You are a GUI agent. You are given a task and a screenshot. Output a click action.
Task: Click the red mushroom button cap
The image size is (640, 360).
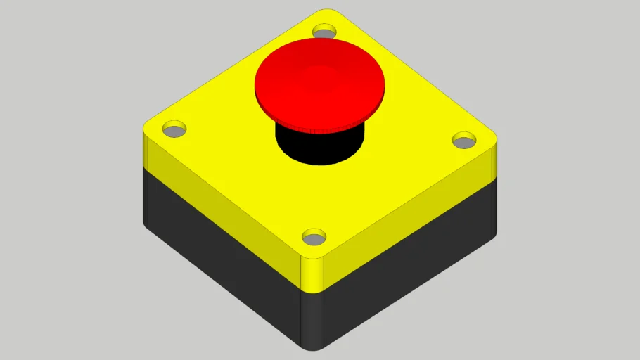coord(320,81)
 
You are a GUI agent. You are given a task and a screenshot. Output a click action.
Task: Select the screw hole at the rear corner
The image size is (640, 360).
coord(324,31)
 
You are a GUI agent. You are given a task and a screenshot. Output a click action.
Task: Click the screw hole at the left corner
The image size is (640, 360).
coord(174,129)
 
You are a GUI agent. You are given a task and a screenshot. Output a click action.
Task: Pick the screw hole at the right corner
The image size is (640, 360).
coord(463,140)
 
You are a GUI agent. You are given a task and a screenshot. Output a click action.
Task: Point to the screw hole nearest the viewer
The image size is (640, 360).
coord(314,236)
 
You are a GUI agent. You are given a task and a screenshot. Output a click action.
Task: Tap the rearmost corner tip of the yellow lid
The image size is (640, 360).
coord(325,11)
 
